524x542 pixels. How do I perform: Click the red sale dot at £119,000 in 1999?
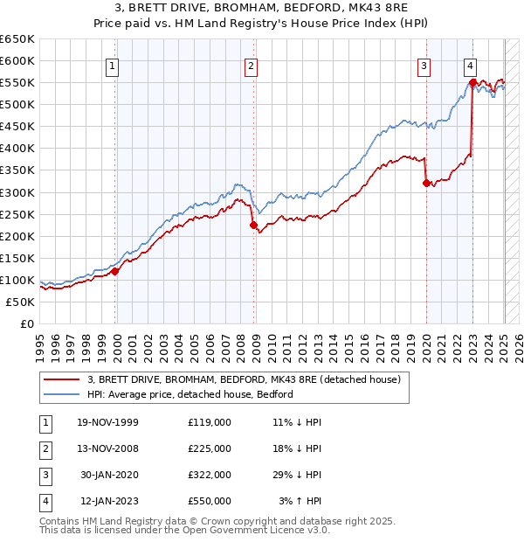click(x=115, y=271)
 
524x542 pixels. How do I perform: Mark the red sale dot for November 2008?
click(x=254, y=225)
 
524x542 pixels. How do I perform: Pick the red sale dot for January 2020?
click(x=426, y=183)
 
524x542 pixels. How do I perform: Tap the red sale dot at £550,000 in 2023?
click(x=472, y=83)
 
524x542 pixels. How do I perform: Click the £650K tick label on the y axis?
click(x=17, y=39)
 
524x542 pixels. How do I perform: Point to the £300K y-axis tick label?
click(x=17, y=192)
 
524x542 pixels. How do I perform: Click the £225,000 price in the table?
click(x=210, y=448)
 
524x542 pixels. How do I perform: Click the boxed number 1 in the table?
click(x=44, y=422)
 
